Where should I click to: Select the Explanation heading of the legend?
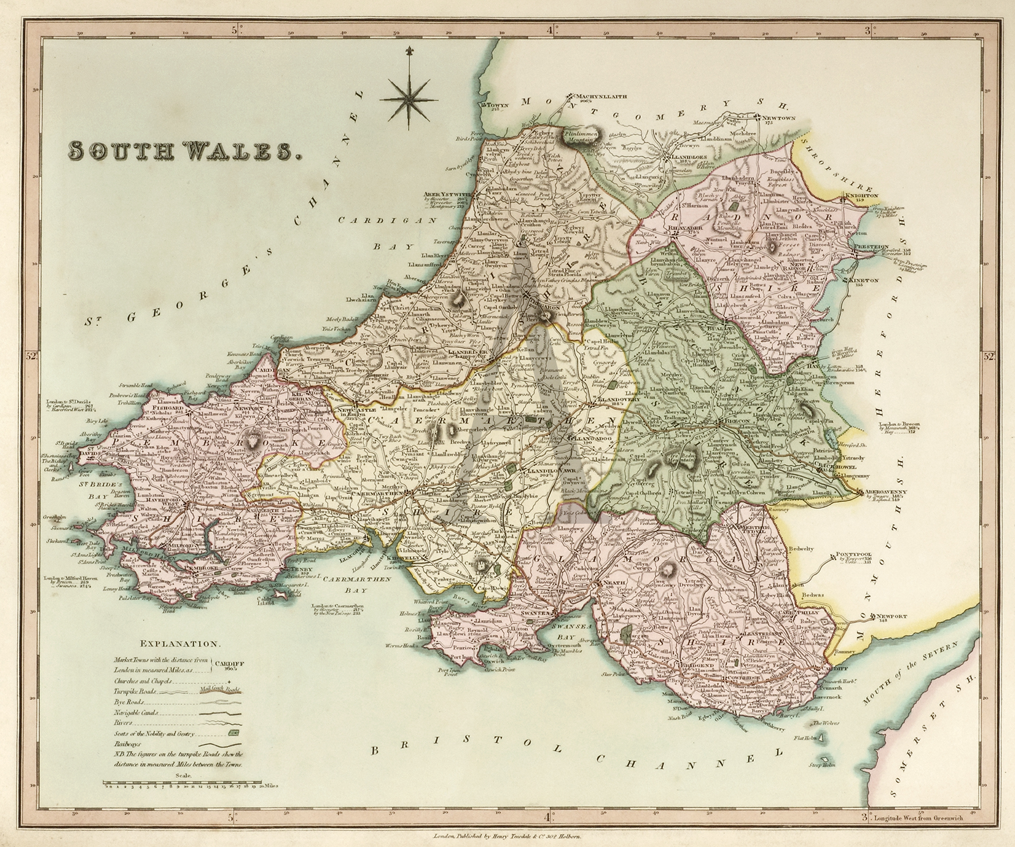point(180,644)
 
